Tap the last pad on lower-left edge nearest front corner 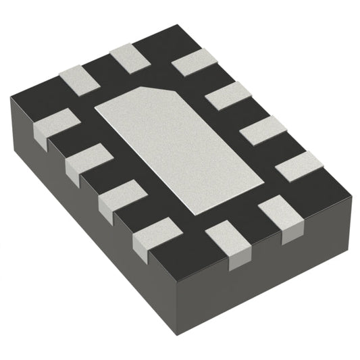point(152,238)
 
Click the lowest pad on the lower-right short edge point(228,244)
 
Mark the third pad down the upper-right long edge point(260,130)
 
